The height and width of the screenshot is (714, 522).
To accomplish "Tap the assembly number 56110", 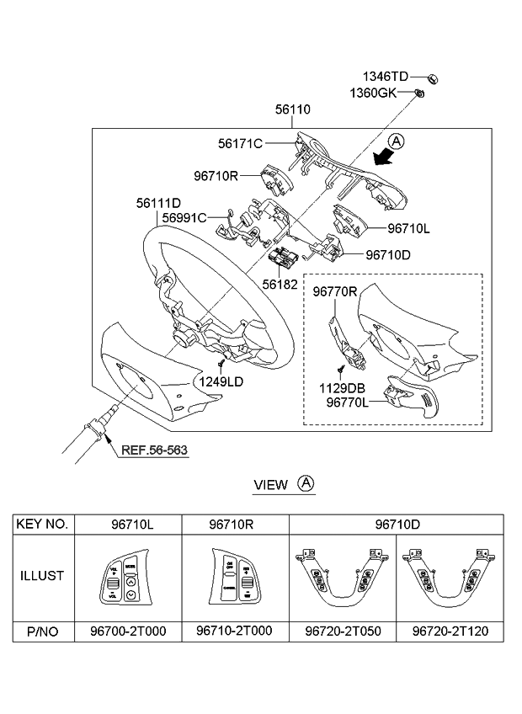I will point(292,109).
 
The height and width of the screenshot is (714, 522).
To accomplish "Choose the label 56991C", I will point(184,217).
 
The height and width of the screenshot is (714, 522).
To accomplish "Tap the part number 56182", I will point(280,285).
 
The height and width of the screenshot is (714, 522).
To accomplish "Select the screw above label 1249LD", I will point(221,364).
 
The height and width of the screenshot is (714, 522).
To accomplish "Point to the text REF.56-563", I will point(154,450).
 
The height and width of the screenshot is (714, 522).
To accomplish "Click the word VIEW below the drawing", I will point(270,484).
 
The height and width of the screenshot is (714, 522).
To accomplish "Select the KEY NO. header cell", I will point(42,524).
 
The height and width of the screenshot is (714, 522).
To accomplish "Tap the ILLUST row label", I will point(42,578).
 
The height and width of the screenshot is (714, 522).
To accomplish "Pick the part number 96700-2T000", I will point(127,631).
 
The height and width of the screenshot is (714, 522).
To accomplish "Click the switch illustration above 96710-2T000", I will point(234,578).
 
